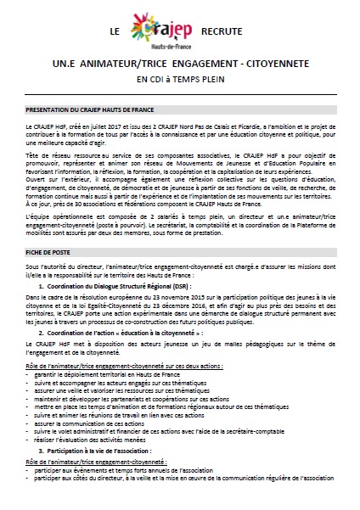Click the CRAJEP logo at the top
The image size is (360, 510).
click(x=171, y=31)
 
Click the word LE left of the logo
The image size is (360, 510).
click(x=115, y=31)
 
